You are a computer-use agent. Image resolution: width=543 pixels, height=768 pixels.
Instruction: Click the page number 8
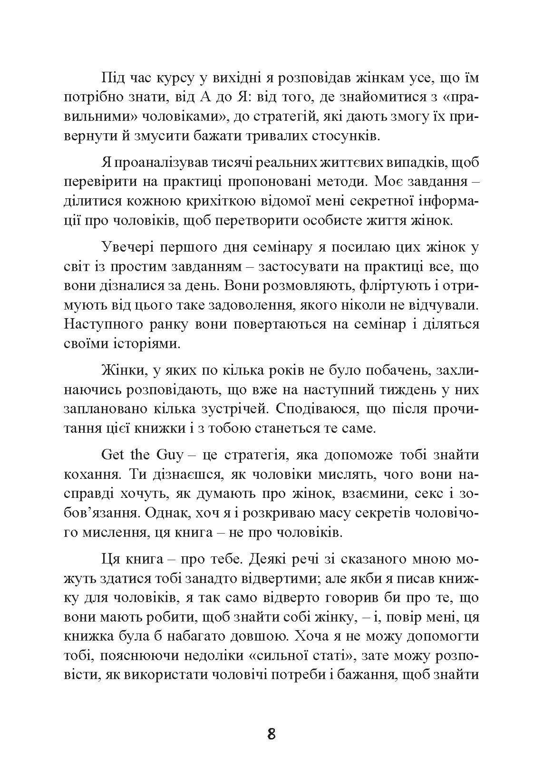click(271, 734)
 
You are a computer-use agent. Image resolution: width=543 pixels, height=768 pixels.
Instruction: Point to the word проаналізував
click(164, 163)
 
